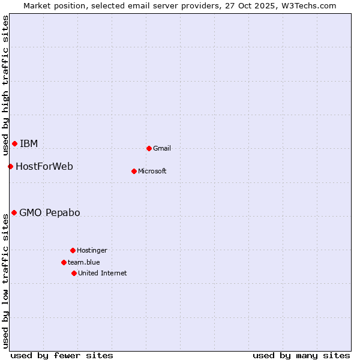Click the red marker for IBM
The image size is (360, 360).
14,143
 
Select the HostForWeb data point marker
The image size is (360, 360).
10,166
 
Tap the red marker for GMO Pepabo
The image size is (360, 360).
14,212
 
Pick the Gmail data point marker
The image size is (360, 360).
149,148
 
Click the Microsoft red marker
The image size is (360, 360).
134,171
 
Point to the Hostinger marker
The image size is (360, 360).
73,250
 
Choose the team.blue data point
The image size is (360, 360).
64,262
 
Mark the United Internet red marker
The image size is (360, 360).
74,273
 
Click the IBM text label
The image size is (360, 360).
29,143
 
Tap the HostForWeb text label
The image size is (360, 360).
44,166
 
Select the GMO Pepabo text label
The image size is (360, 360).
50,212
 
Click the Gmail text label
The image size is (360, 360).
162,148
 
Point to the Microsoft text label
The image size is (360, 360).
152,171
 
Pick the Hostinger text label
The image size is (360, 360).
92,250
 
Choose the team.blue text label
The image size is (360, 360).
84,262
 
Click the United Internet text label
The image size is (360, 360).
103,273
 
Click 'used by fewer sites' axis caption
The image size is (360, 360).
62,355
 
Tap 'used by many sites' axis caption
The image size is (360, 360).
301,355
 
